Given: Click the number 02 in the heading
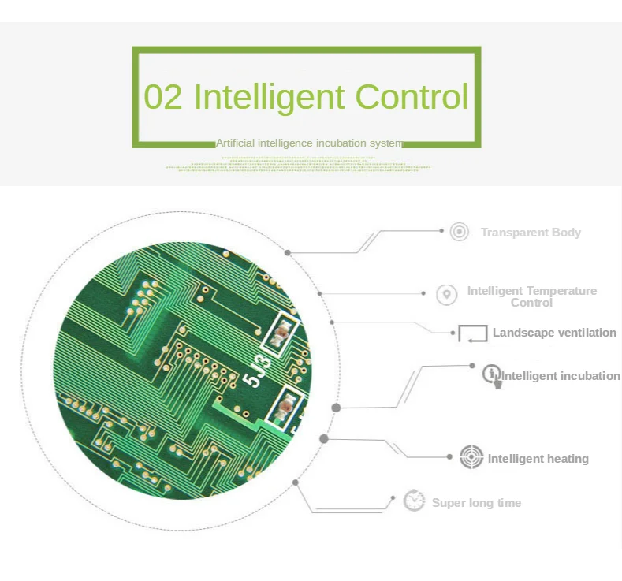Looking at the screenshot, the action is pyautogui.click(x=163, y=97).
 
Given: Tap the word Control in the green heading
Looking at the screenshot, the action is pyautogui.click(x=411, y=97).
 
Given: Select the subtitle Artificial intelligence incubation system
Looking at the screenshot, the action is pyautogui.click(x=308, y=143).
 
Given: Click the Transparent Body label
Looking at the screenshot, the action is pyautogui.click(x=531, y=233).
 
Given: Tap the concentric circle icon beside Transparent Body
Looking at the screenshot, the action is pyautogui.click(x=459, y=232).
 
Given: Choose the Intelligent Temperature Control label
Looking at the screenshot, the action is pyautogui.click(x=531, y=296).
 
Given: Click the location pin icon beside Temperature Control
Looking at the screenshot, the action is pyautogui.click(x=447, y=295).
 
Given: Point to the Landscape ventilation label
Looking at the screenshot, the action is pyautogui.click(x=554, y=333).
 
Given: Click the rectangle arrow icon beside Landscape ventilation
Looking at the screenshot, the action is pyautogui.click(x=473, y=333).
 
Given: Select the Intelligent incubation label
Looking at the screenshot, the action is pyautogui.click(x=561, y=376).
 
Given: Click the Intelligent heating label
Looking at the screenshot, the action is pyautogui.click(x=538, y=459).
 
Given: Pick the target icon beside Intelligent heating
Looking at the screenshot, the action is pyautogui.click(x=471, y=457).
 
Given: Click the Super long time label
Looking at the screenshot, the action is pyautogui.click(x=476, y=503).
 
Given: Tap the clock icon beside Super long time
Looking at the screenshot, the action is pyautogui.click(x=414, y=501).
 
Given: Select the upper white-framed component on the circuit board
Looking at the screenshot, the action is pyautogui.click(x=280, y=333).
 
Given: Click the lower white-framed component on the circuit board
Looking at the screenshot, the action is pyautogui.click(x=285, y=410).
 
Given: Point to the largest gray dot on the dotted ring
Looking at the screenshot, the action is pyautogui.click(x=336, y=408).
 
